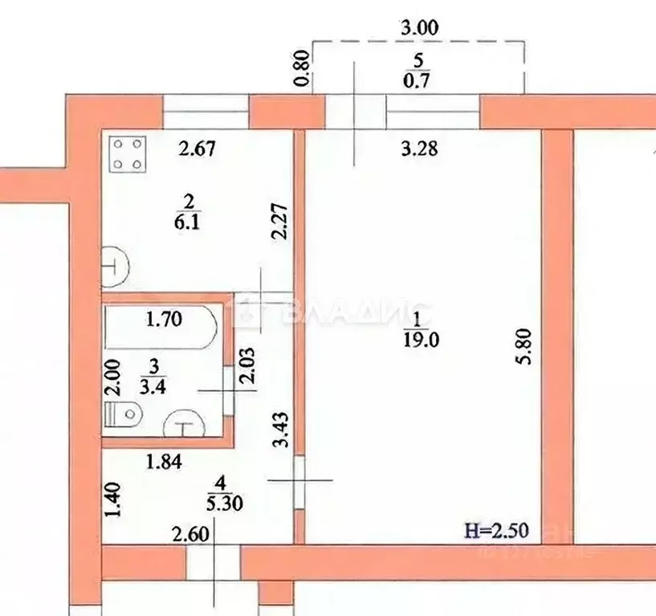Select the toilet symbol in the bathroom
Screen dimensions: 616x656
coord(123,415)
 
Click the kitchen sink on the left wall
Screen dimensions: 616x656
coord(115,266)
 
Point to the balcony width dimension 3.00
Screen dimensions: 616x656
coord(419,27)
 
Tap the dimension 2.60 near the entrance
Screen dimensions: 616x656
coord(188,531)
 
